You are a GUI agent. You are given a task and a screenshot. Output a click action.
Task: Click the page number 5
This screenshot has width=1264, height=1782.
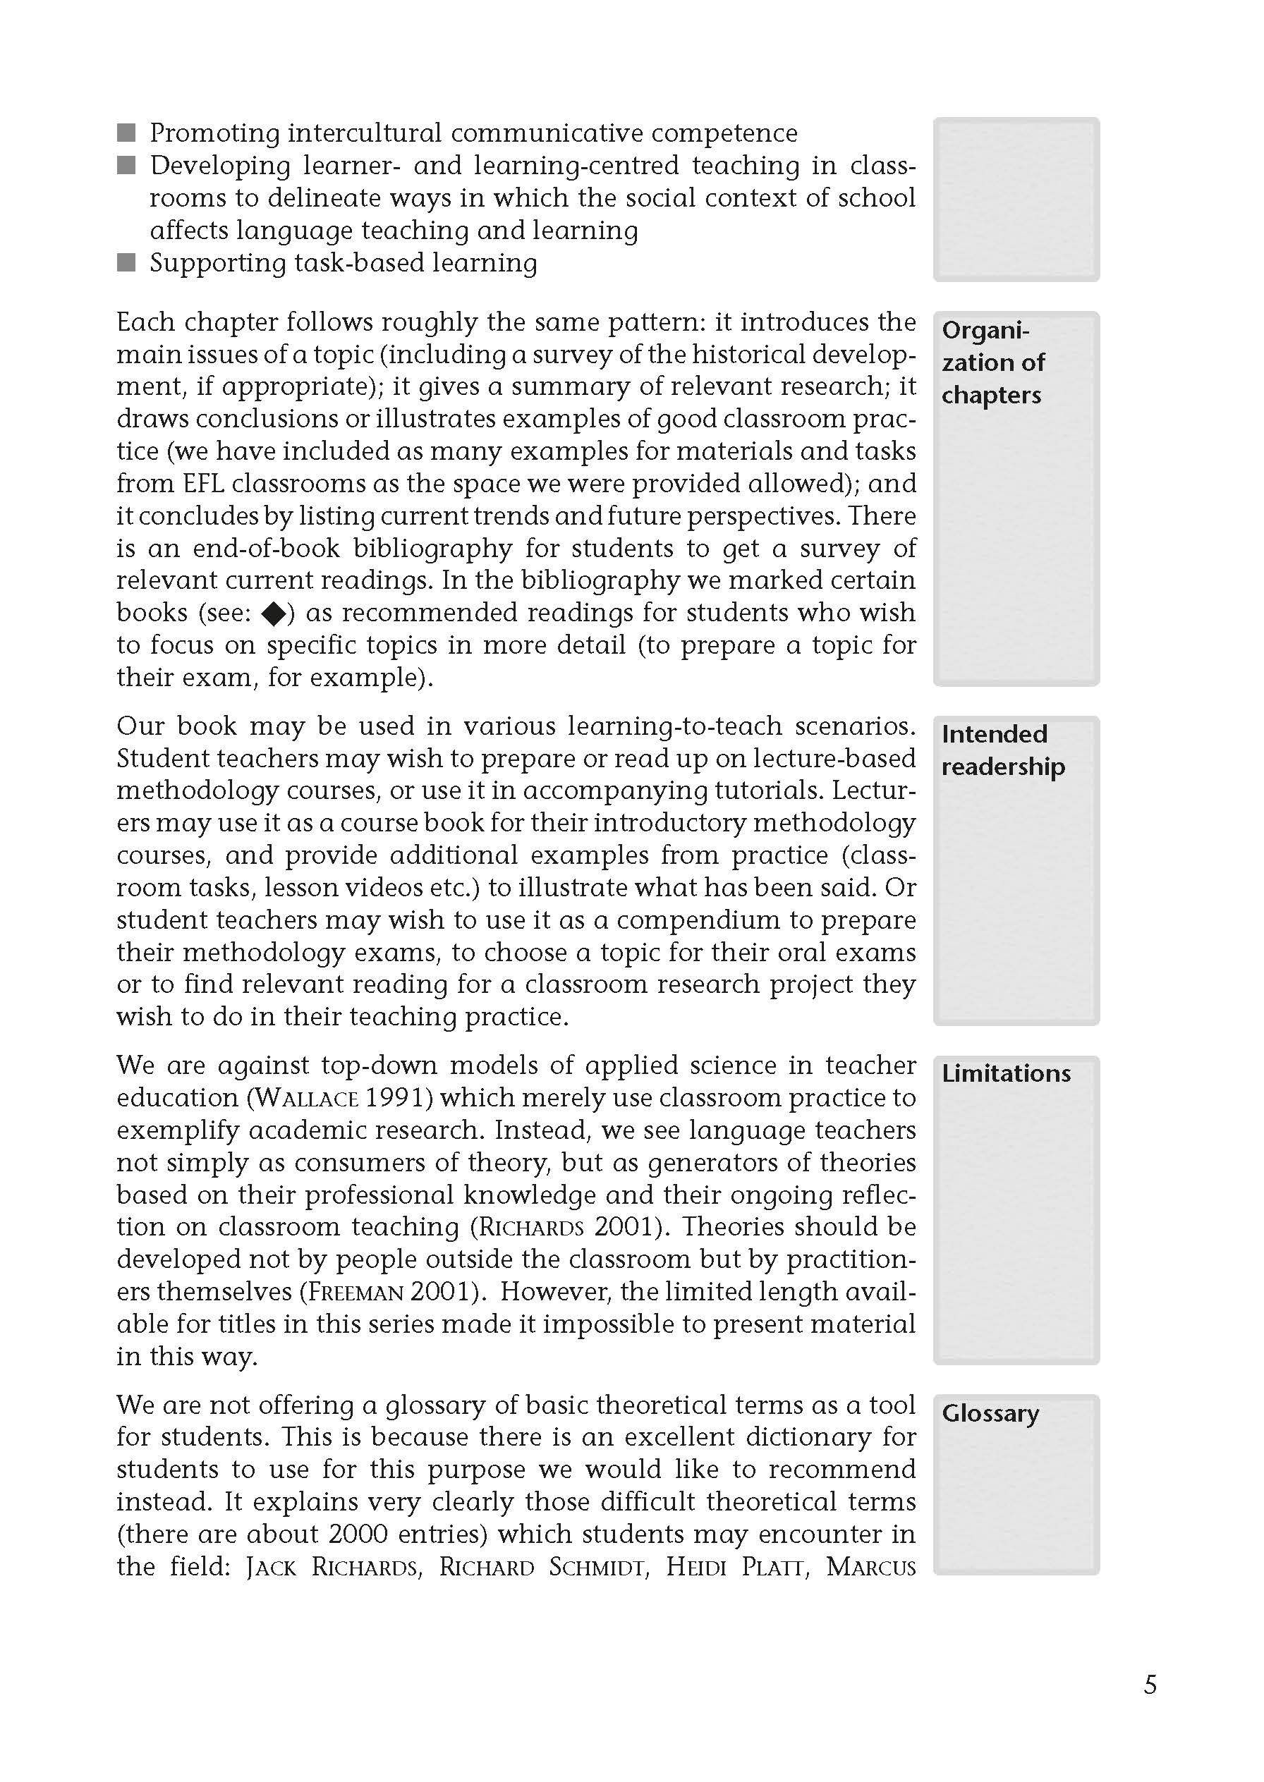(1150, 1685)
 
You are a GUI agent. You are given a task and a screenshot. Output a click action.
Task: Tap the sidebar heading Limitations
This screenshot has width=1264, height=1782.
(1006, 1073)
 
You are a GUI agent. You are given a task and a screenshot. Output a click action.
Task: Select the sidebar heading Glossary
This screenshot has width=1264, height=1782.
(990, 1412)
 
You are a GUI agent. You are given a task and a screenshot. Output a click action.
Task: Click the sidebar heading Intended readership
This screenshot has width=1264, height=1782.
(1002, 750)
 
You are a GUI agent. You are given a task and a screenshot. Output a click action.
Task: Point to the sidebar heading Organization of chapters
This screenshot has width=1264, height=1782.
(993, 362)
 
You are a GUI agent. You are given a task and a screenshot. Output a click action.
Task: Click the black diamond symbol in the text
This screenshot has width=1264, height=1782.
(274, 614)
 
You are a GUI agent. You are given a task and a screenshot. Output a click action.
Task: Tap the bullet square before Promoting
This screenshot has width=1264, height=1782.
(126, 133)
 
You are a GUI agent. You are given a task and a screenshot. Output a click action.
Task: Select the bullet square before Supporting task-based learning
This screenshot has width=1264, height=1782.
(126, 262)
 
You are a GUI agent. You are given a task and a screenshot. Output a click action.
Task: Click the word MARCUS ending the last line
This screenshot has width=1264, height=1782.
(870, 1566)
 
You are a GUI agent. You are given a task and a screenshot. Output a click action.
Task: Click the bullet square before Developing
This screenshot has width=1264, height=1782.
(126, 165)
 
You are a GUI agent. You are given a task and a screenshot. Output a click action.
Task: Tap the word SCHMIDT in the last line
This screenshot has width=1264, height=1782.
(597, 1566)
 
